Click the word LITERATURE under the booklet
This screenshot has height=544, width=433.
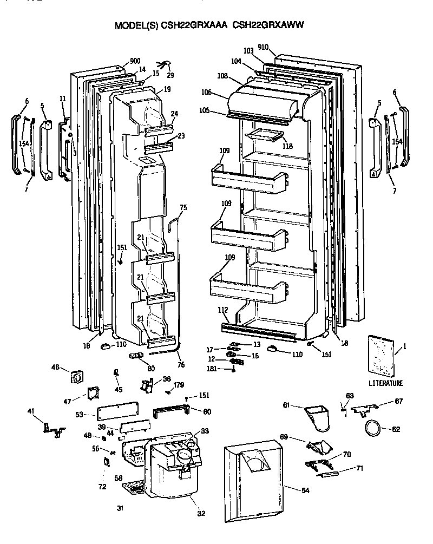(x=386, y=383)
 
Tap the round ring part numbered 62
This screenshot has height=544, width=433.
(x=372, y=428)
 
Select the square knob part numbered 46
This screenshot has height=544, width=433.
(x=76, y=375)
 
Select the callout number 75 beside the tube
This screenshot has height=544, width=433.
(x=183, y=207)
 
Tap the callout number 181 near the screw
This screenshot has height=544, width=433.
(x=213, y=369)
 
